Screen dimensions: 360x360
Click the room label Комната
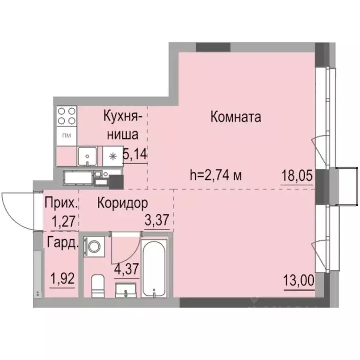pos(235,117)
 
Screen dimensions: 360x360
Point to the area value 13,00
pos(299,283)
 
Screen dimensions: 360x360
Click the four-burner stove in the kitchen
pos(67,116)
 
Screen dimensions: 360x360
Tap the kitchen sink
pos(88,156)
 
